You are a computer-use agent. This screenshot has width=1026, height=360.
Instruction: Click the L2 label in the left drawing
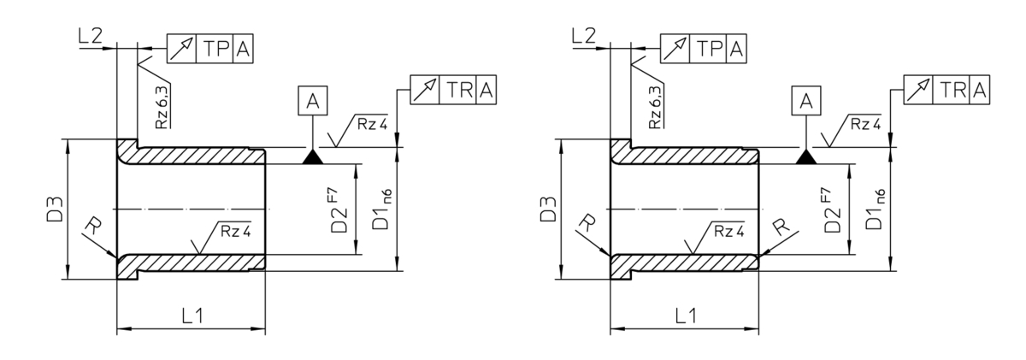pos(91,36)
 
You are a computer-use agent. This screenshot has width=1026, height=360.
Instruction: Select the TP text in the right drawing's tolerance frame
pos(710,49)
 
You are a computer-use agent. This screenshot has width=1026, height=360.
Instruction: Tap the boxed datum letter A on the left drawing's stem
pos(312,100)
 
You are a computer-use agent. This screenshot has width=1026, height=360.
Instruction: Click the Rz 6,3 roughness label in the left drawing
pos(162,108)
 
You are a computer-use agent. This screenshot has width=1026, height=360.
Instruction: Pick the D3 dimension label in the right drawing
pos(548,210)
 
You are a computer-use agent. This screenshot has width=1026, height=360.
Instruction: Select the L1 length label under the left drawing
pos(192,316)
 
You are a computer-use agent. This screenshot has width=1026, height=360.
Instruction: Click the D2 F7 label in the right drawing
pos(832,210)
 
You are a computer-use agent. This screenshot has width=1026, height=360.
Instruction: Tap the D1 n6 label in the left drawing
pos(382,210)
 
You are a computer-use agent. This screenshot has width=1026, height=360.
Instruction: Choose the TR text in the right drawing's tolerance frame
pos(954,90)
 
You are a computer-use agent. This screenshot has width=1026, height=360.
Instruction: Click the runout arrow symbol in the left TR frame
pos(425,90)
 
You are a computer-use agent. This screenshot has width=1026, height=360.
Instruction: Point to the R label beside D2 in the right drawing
pos(781,226)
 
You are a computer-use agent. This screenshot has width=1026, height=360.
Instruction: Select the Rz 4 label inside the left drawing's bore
pos(236,231)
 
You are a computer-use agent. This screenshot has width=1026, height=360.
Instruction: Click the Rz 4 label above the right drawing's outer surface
pos(865,124)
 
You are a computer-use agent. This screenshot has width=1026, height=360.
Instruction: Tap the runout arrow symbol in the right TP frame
pos(675,49)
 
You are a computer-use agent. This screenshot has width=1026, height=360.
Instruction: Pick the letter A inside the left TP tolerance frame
pos(243,49)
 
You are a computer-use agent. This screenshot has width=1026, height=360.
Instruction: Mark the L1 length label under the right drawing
pos(686,316)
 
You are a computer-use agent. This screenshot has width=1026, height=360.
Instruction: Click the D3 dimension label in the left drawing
pos(55,210)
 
